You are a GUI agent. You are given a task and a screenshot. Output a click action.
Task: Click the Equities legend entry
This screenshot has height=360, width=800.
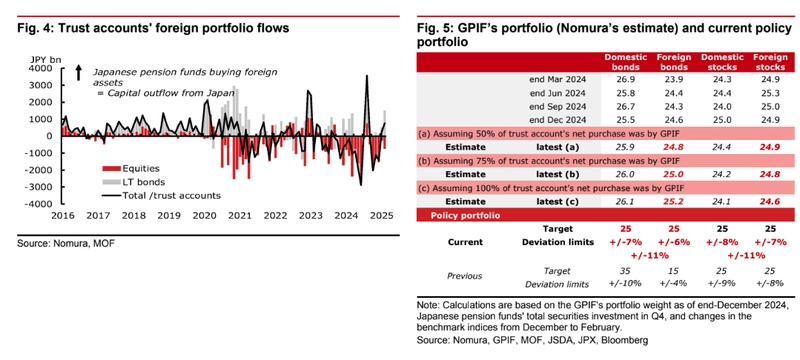click(x=131, y=169)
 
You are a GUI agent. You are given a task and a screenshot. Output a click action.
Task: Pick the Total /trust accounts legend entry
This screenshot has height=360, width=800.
click(x=162, y=195)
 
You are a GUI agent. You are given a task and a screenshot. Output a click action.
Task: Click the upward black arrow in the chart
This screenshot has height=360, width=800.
click(x=79, y=72)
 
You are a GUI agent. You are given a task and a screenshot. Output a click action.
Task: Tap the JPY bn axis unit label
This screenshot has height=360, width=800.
click(x=44, y=60)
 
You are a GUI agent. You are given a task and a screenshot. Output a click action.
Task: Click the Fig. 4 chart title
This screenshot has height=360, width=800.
click(x=153, y=29)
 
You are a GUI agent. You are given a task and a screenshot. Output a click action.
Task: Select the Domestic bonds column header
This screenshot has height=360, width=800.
click(x=626, y=62)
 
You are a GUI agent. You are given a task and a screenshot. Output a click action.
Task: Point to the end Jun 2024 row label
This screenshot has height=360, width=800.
click(x=558, y=93)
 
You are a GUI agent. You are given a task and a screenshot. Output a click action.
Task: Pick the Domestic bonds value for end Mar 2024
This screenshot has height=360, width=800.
click(x=626, y=80)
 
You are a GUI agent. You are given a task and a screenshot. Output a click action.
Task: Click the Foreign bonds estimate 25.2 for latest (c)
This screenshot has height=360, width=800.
click(x=674, y=201)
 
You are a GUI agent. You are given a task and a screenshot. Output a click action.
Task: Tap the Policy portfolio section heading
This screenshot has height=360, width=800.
click(x=465, y=215)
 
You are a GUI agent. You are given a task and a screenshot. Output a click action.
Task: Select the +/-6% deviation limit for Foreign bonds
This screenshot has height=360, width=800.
click(x=674, y=242)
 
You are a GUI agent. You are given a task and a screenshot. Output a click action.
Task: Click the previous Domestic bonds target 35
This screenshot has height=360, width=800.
click(x=626, y=271)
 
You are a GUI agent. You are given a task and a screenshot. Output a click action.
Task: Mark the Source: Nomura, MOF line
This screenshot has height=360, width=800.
click(x=66, y=243)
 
